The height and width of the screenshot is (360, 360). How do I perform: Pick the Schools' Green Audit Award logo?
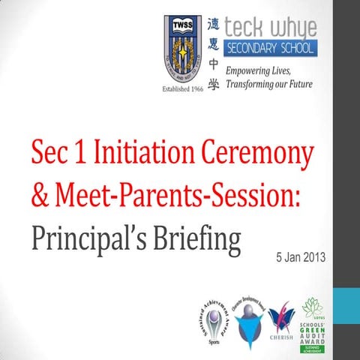click(316, 325)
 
